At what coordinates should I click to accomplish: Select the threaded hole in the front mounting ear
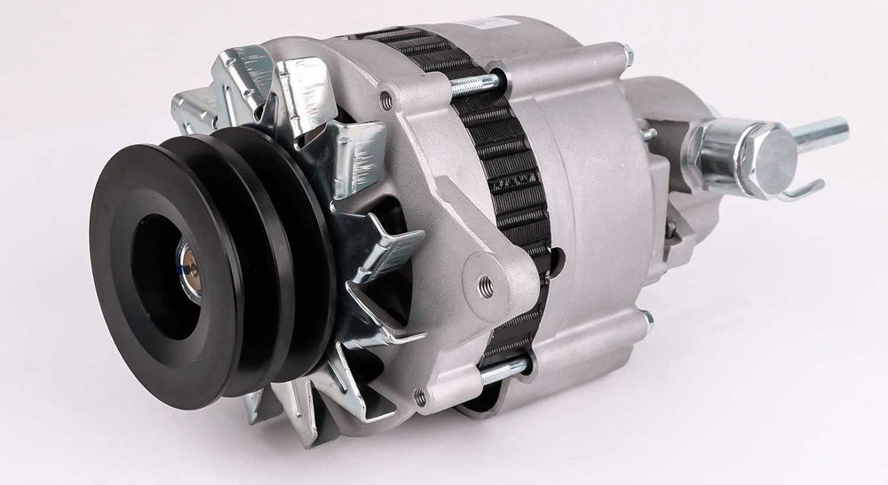point(486,285)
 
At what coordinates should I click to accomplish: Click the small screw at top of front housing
point(385,100)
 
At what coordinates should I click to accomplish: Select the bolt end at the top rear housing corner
point(628,55)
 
